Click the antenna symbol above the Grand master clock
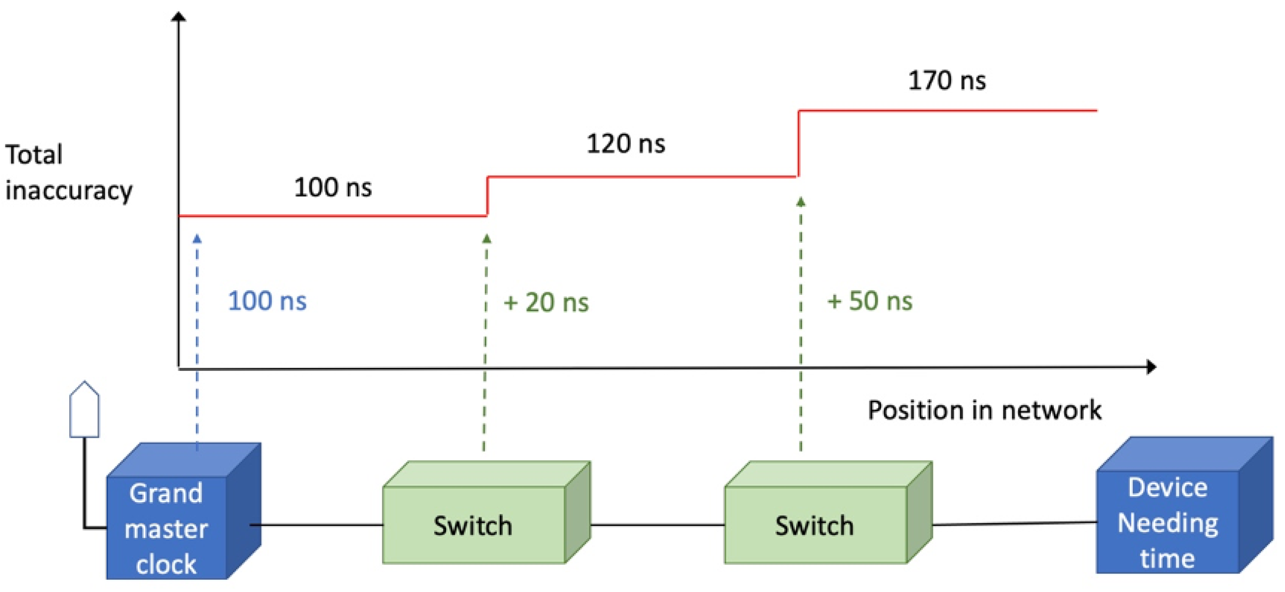(x=84, y=410)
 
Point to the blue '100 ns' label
(x=267, y=301)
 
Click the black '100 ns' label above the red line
(x=333, y=188)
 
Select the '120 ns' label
(x=625, y=144)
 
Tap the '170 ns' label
(x=946, y=81)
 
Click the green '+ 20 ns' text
(x=546, y=303)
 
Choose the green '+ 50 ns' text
(x=869, y=301)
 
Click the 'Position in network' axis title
(x=984, y=410)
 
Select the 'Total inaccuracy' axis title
(x=68, y=172)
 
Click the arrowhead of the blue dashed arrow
(x=197, y=239)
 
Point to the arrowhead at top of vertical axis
(x=179, y=17)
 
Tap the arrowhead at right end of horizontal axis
(x=1151, y=367)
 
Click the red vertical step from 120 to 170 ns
(x=799, y=144)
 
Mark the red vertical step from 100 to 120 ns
(x=487, y=196)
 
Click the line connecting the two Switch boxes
(x=657, y=525)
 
